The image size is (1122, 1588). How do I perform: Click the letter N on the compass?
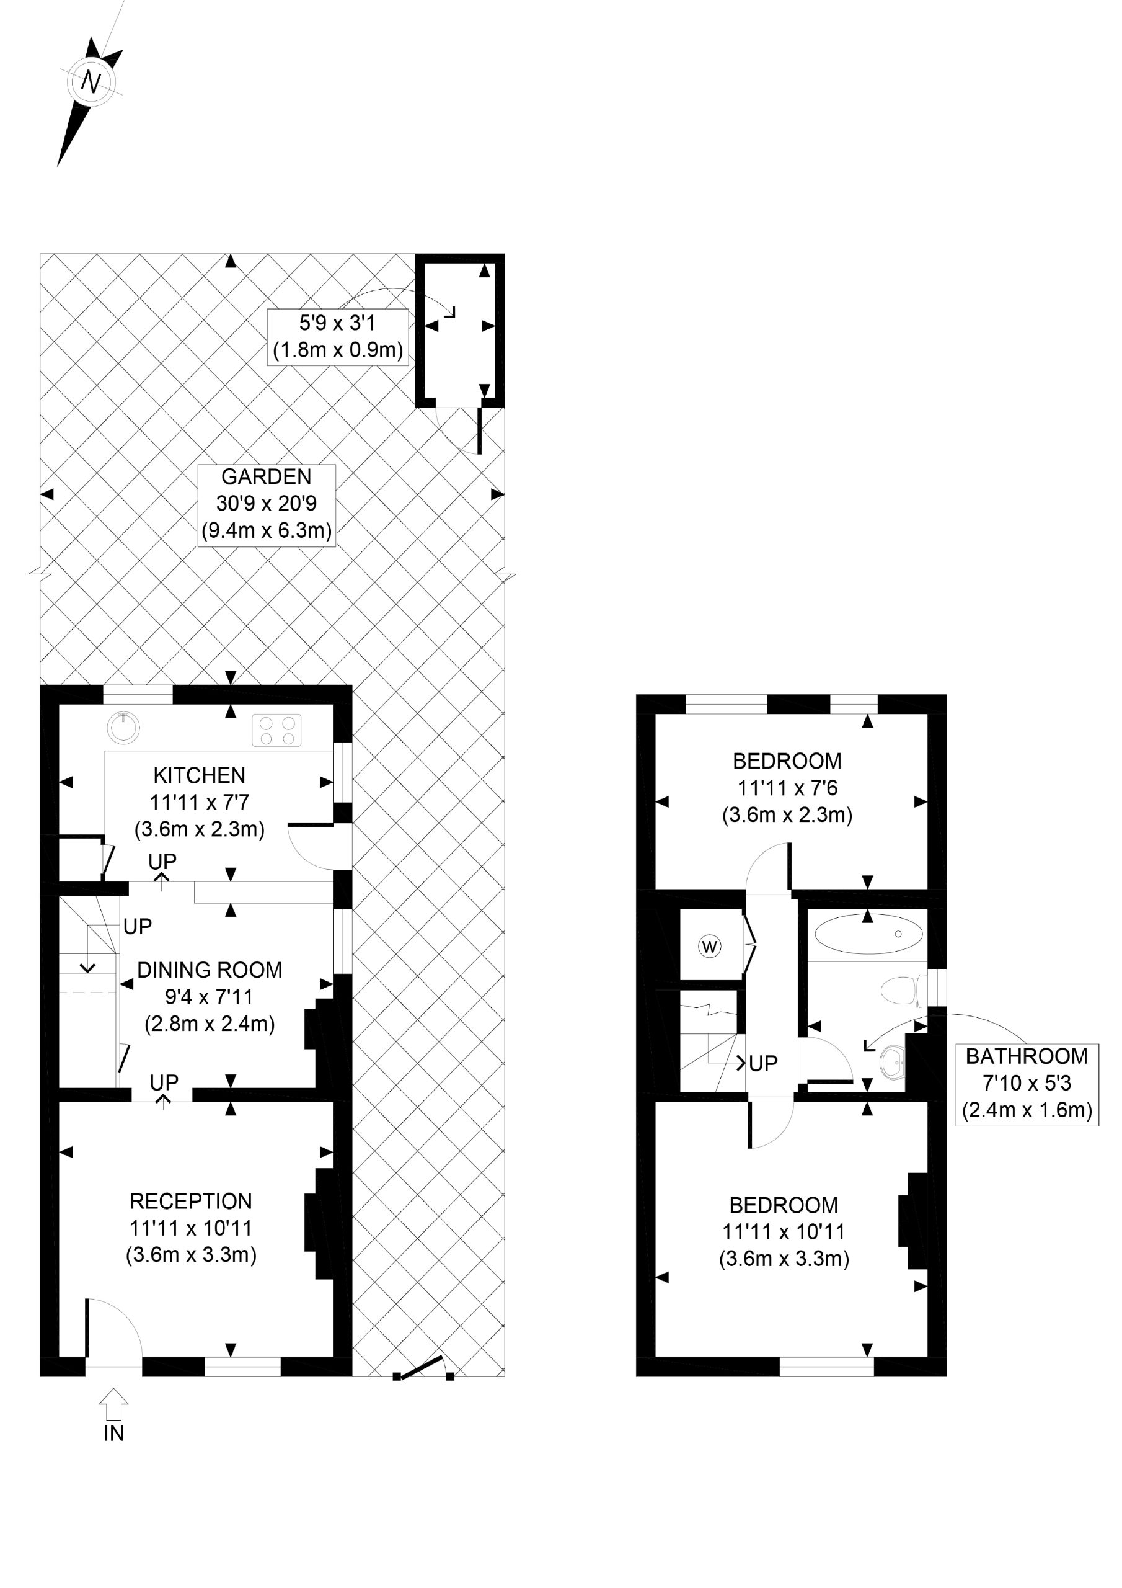(x=91, y=83)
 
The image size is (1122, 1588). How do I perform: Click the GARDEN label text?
(x=266, y=476)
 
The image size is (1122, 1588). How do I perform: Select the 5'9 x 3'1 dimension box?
(x=337, y=336)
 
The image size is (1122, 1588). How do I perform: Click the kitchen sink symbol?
(x=124, y=727)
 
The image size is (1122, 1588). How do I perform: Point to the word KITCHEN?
(x=199, y=775)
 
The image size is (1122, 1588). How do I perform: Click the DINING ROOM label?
(x=210, y=970)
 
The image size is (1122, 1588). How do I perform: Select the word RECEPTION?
(x=191, y=1202)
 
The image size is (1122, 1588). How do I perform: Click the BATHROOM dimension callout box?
(x=1027, y=1083)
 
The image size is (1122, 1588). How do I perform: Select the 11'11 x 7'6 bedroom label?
(x=787, y=788)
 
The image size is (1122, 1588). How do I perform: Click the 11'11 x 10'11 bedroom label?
(x=784, y=1232)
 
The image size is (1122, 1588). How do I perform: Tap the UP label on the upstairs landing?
(x=762, y=1063)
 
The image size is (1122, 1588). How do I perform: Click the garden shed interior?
(x=460, y=346)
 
